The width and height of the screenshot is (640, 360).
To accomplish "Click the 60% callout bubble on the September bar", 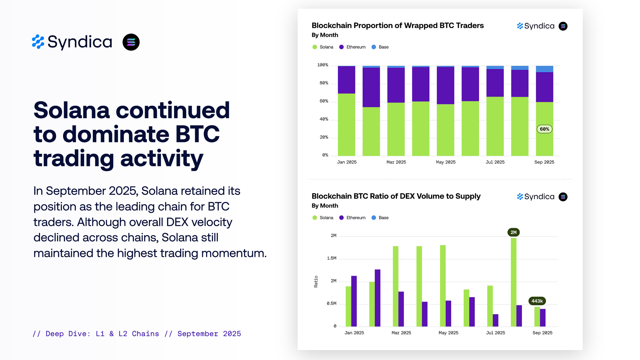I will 544,129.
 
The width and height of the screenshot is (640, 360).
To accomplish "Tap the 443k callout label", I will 537,301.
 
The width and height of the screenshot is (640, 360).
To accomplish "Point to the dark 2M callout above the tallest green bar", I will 513,232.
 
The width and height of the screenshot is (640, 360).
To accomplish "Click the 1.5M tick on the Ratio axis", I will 332,258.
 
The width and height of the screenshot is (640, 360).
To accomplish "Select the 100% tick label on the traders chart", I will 323,65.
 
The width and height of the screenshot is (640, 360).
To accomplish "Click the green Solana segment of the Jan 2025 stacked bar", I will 347,125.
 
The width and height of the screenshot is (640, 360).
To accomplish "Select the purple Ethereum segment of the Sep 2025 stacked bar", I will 544,87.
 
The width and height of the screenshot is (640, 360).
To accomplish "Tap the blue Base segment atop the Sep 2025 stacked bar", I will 544,69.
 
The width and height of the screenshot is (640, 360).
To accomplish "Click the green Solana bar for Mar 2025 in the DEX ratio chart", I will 396,286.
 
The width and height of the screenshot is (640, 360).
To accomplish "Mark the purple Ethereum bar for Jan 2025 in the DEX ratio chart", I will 354,301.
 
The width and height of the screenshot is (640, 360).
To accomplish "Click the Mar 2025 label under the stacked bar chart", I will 396,162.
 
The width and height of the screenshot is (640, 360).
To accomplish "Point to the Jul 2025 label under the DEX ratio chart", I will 495,333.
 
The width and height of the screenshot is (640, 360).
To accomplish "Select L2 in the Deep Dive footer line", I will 123,334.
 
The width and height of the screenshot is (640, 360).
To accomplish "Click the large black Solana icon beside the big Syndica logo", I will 131,42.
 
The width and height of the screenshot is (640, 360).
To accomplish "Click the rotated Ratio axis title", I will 316,282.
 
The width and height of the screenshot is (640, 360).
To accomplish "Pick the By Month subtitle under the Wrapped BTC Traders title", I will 325,35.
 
